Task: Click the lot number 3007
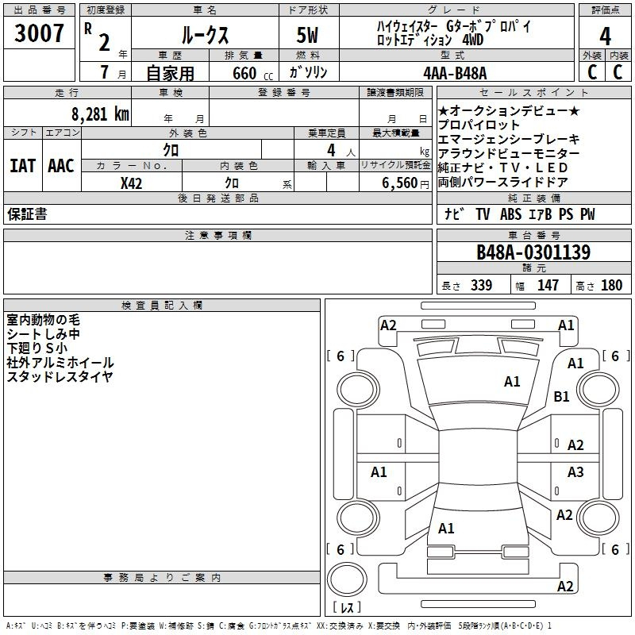pyautogui.click(x=39, y=33)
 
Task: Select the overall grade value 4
pyautogui.click(x=605, y=36)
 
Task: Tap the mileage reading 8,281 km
pyautogui.click(x=101, y=114)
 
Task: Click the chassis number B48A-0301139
pyautogui.click(x=533, y=252)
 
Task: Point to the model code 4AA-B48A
pyautogui.click(x=455, y=73)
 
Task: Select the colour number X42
pyautogui.click(x=131, y=183)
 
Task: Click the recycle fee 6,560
pyautogui.click(x=400, y=183)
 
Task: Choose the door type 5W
pyautogui.click(x=307, y=35)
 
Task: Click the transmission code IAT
pyautogui.click(x=23, y=166)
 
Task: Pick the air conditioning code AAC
pyautogui.click(x=61, y=166)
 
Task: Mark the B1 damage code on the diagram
pyautogui.click(x=561, y=396)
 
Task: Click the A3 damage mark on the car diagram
pyautogui.click(x=575, y=471)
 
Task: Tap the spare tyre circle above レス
pyautogui.click(x=347, y=579)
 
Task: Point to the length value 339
pyautogui.click(x=482, y=286)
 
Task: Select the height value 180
pyautogui.click(x=611, y=286)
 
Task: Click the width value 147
pyautogui.click(x=548, y=286)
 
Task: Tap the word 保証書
pyautogui.click(x=27, y=214)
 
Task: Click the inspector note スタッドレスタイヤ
pyautogui.click(x=60, y=376)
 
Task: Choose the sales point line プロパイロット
pyautogui.click(x=479, y=125)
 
